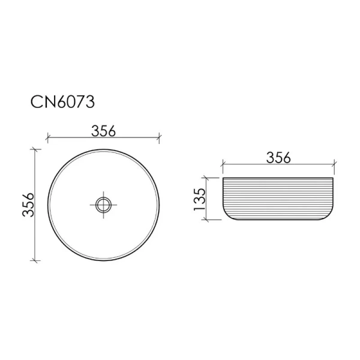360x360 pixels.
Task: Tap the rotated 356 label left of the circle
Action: point(26,205)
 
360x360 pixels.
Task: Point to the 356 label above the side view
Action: point(278,157)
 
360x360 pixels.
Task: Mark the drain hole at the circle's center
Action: point(103,204)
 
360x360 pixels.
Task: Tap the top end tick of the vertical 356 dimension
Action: point(35,148)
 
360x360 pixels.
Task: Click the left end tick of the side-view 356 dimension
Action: point(223,163)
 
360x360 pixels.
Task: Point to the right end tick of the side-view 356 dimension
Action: point(335,163)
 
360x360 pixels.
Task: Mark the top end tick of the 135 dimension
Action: point(208,178)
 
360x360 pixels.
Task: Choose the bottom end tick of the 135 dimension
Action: point(208,220)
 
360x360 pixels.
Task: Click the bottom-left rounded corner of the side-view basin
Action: point(227,216)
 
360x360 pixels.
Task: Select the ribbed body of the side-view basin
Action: point(278,199)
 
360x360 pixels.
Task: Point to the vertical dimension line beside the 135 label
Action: point(208,199)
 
